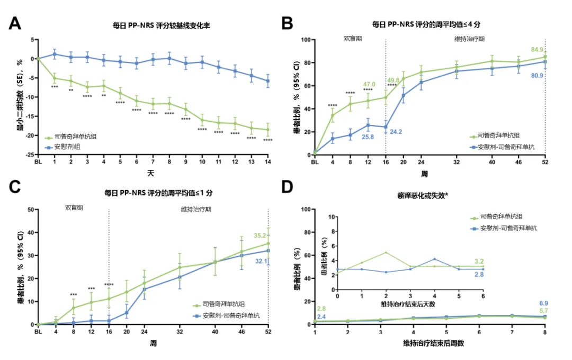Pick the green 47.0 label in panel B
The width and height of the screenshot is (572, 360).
[369, 84]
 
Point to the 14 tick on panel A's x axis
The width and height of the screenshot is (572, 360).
[268, 162]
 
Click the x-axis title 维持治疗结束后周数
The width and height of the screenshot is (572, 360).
[430, 343]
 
